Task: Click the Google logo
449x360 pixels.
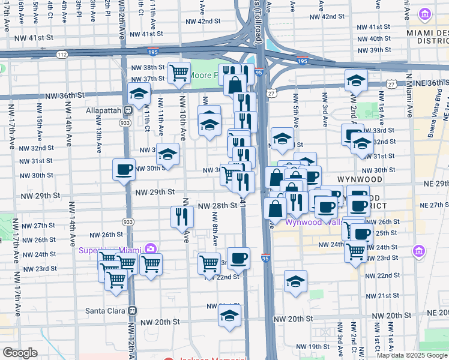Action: click(x=20, y=353)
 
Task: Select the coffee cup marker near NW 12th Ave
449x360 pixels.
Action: click(x=124, y=169)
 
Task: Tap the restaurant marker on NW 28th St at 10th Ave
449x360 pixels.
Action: click(x=182, y=217)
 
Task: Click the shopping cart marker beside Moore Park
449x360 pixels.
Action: click(x=179, y=73)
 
